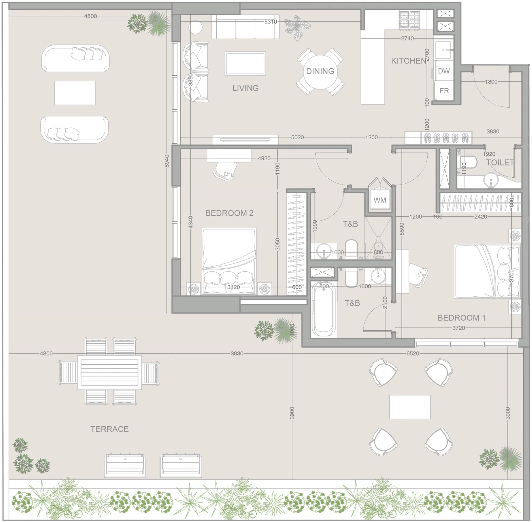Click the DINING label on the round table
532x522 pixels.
pyautogui.click(x=320, y=71)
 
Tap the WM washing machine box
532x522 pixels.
pyautogui.click(x=379, y=200)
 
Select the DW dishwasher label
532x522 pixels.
pyautogui.click(x=444, y=71)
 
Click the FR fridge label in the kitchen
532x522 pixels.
pyautogui.click(x=444, y=91)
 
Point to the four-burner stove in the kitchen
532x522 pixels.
pyautogui.click(x=409, y=20)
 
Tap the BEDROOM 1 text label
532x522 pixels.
pyautogui.click(x=461, y=318)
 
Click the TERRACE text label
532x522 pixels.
pyautogui.click(x=109, y=429)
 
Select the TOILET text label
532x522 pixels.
pyautogui.click(x=500, y=163)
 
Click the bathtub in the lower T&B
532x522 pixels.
pyautogui.click(x=324, y=310)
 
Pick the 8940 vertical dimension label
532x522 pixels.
pyautogui.click(x=167, y=161)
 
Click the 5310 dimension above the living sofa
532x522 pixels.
pyautogui.click(x=271, y=22)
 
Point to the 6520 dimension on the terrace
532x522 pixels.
pyautogui.click(x=412, y=353)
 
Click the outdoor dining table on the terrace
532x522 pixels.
pyautogui.click(x=109, y=372)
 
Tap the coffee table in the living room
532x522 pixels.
pyautogui.click(x=245, y=63)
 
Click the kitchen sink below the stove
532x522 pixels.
pyautogui.click(x=443, y=50)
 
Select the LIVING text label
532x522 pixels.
pyautogui.click(x=245, y=88)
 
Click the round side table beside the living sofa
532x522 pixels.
pyautogui.click(x=195, y=27)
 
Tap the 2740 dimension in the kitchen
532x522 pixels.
pyautogui.click(x=407, y=38)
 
